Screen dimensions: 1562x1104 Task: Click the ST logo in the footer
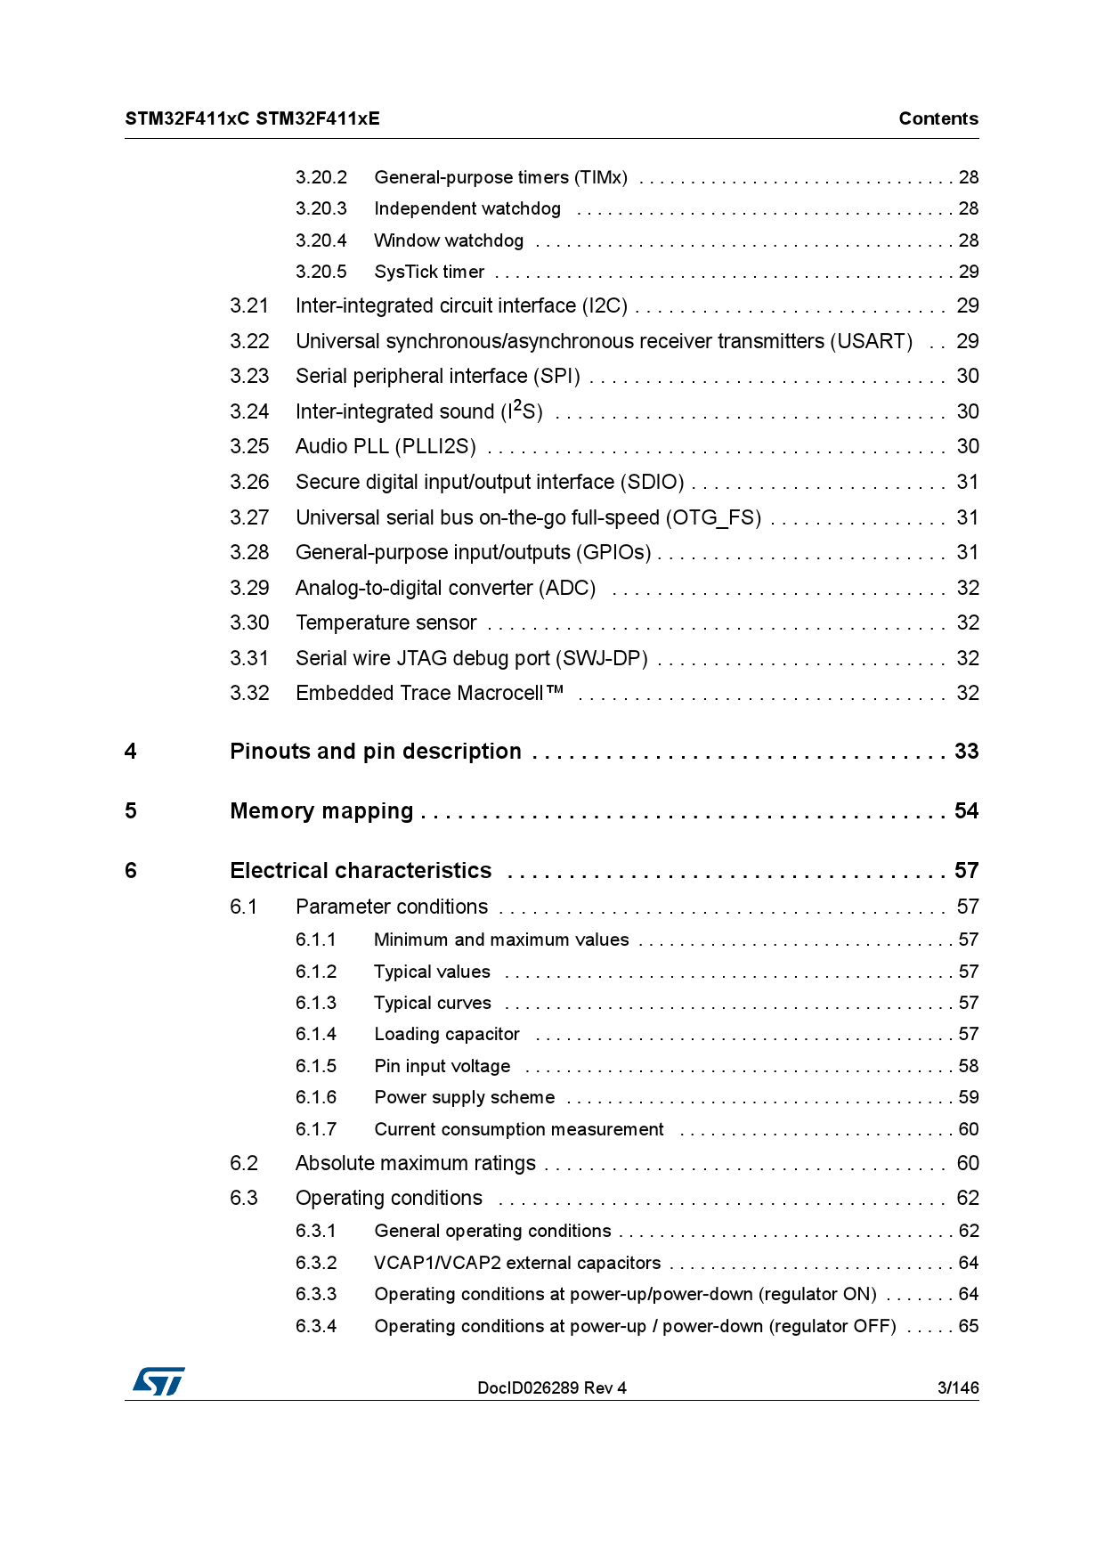click(158, 1381)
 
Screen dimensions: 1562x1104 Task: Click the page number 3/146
click(957, 1387)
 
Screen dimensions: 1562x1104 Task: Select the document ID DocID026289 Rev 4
click(551, 1387)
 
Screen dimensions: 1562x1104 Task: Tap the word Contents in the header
click(938, 118)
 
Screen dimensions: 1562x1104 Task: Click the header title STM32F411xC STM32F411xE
click(252, 118)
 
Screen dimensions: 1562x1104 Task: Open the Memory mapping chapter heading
click(321, 811)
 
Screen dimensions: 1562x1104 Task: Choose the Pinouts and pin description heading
click(375, 752)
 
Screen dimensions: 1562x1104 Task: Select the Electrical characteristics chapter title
click(361, 871)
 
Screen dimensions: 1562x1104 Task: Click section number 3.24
click(249, 411)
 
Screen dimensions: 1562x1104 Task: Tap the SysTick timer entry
click(429, 272)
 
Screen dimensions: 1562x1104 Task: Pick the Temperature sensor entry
click(386, 622)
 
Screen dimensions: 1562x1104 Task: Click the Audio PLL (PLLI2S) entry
click(386, 446)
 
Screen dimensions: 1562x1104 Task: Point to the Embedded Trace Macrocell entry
click(429, 693)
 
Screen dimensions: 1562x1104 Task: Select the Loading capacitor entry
click(446, 1034)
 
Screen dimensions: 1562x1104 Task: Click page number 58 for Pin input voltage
click(968, 1066)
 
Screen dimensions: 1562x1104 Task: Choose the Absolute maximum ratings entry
click(415, 1163)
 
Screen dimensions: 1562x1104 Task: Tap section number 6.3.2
click(316, 1263)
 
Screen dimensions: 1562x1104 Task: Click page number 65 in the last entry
click(968, 1326)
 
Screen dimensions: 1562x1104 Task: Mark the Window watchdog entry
click(449, 240)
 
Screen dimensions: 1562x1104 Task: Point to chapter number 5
click(131, 811)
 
